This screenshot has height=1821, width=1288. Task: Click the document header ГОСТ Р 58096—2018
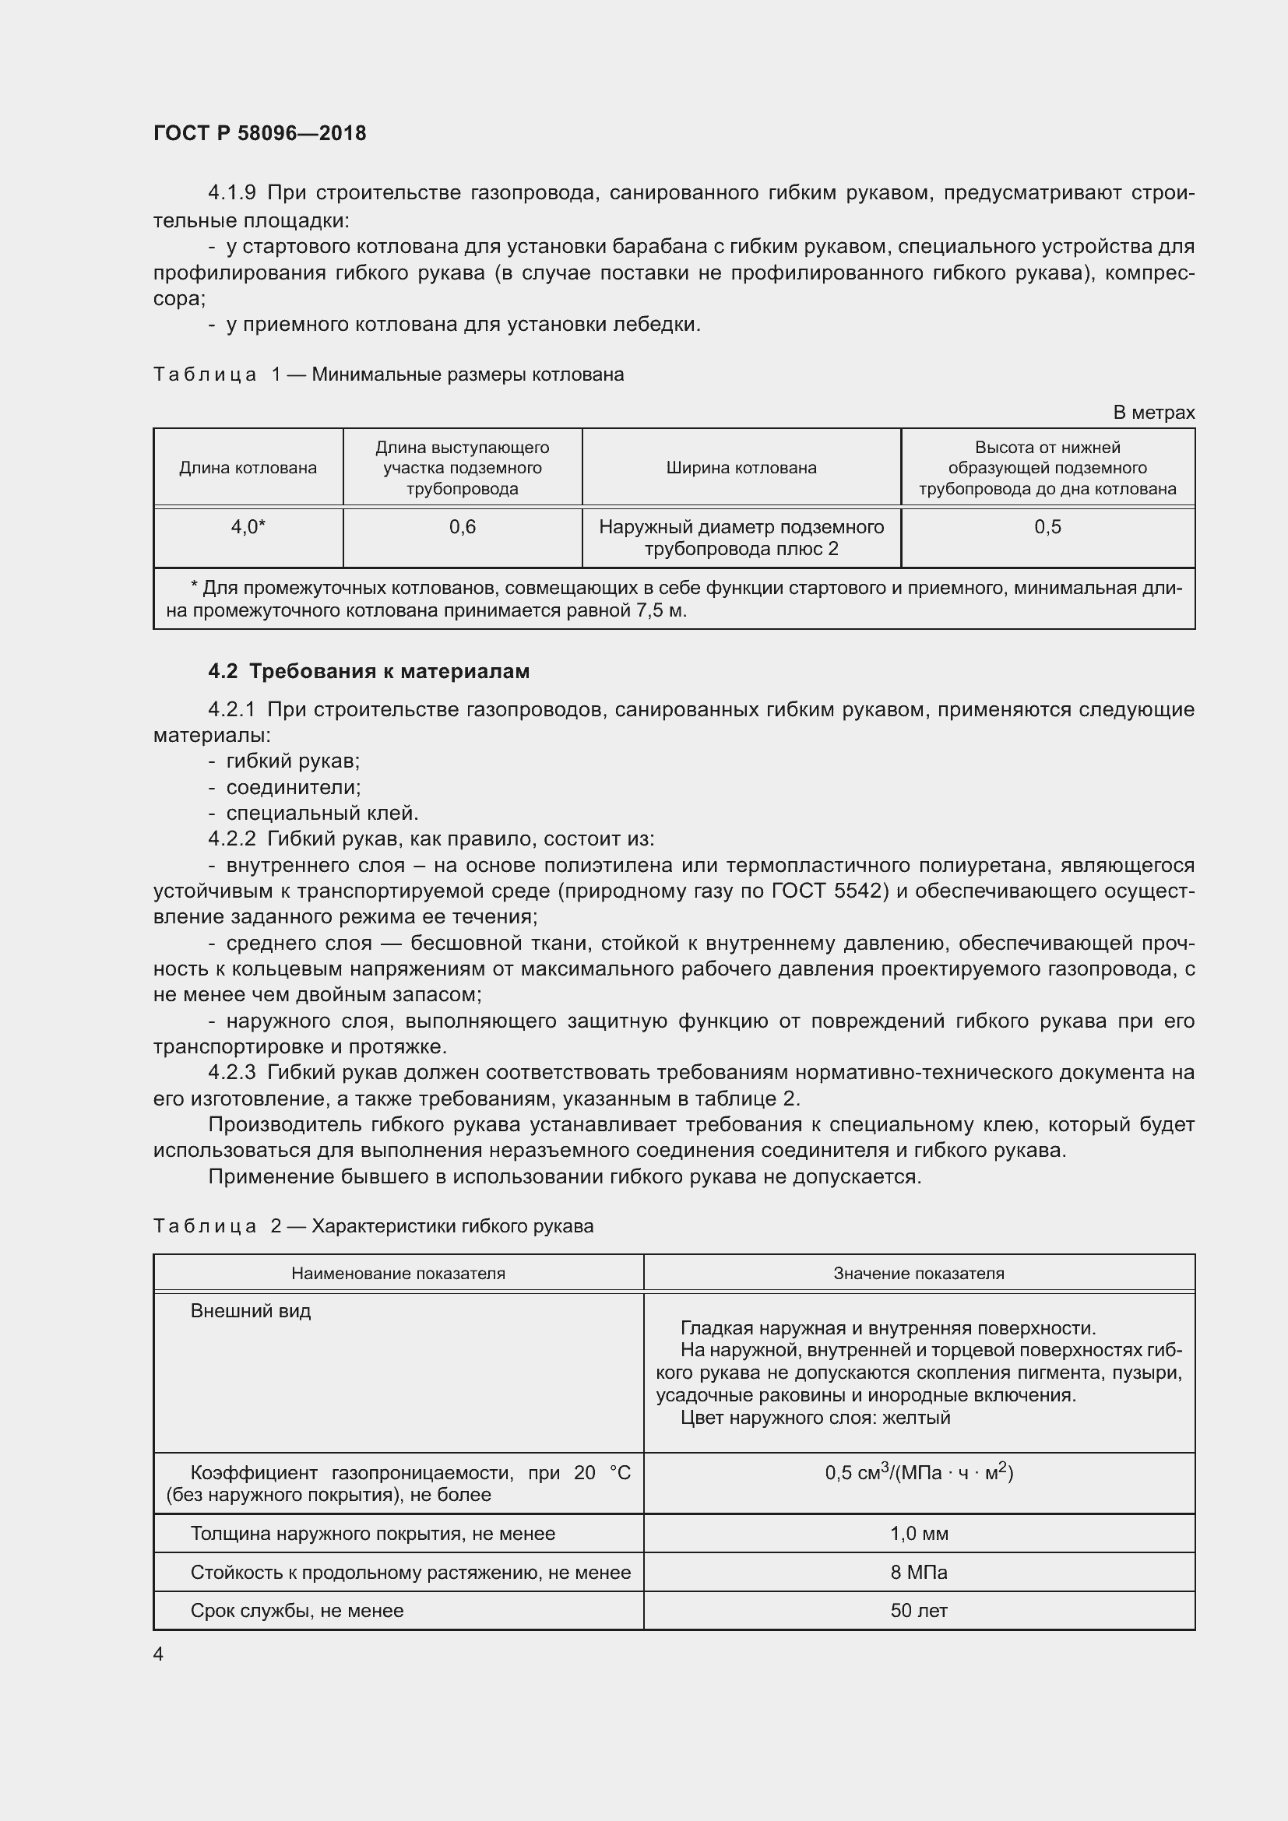tap(259, 133)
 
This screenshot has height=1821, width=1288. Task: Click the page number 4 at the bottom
tap(159, 1654)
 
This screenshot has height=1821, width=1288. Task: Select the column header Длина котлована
tap(248, 468)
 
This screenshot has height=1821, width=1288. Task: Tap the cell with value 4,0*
tap(248, 526)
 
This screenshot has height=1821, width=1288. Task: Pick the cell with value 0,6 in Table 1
tap(463, 526)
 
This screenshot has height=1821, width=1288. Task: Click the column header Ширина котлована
tap(741, 468)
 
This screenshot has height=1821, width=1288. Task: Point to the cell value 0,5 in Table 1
tap(1047, 526)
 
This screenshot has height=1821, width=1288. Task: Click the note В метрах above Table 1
tap(1153, 413)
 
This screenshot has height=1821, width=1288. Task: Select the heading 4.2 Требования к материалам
tap(369, 671)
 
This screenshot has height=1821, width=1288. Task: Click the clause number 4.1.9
tap(231, 193)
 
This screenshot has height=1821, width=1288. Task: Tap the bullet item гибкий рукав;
tap(293, 761)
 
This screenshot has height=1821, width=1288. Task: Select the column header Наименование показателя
tap(398, 1273)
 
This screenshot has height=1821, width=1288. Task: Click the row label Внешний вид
tap(251, 1311)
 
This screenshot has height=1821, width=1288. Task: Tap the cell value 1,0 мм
tap(918, 1533)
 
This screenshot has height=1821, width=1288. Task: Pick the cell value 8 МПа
tap(918, 1572)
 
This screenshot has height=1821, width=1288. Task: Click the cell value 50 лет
tap(918, 1610)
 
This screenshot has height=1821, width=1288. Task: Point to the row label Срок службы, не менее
tap(297, 1610)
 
